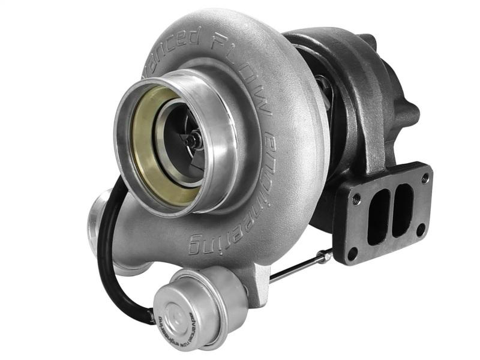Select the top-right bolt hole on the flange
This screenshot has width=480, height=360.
425,178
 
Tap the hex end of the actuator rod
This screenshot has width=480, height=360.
325,257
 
